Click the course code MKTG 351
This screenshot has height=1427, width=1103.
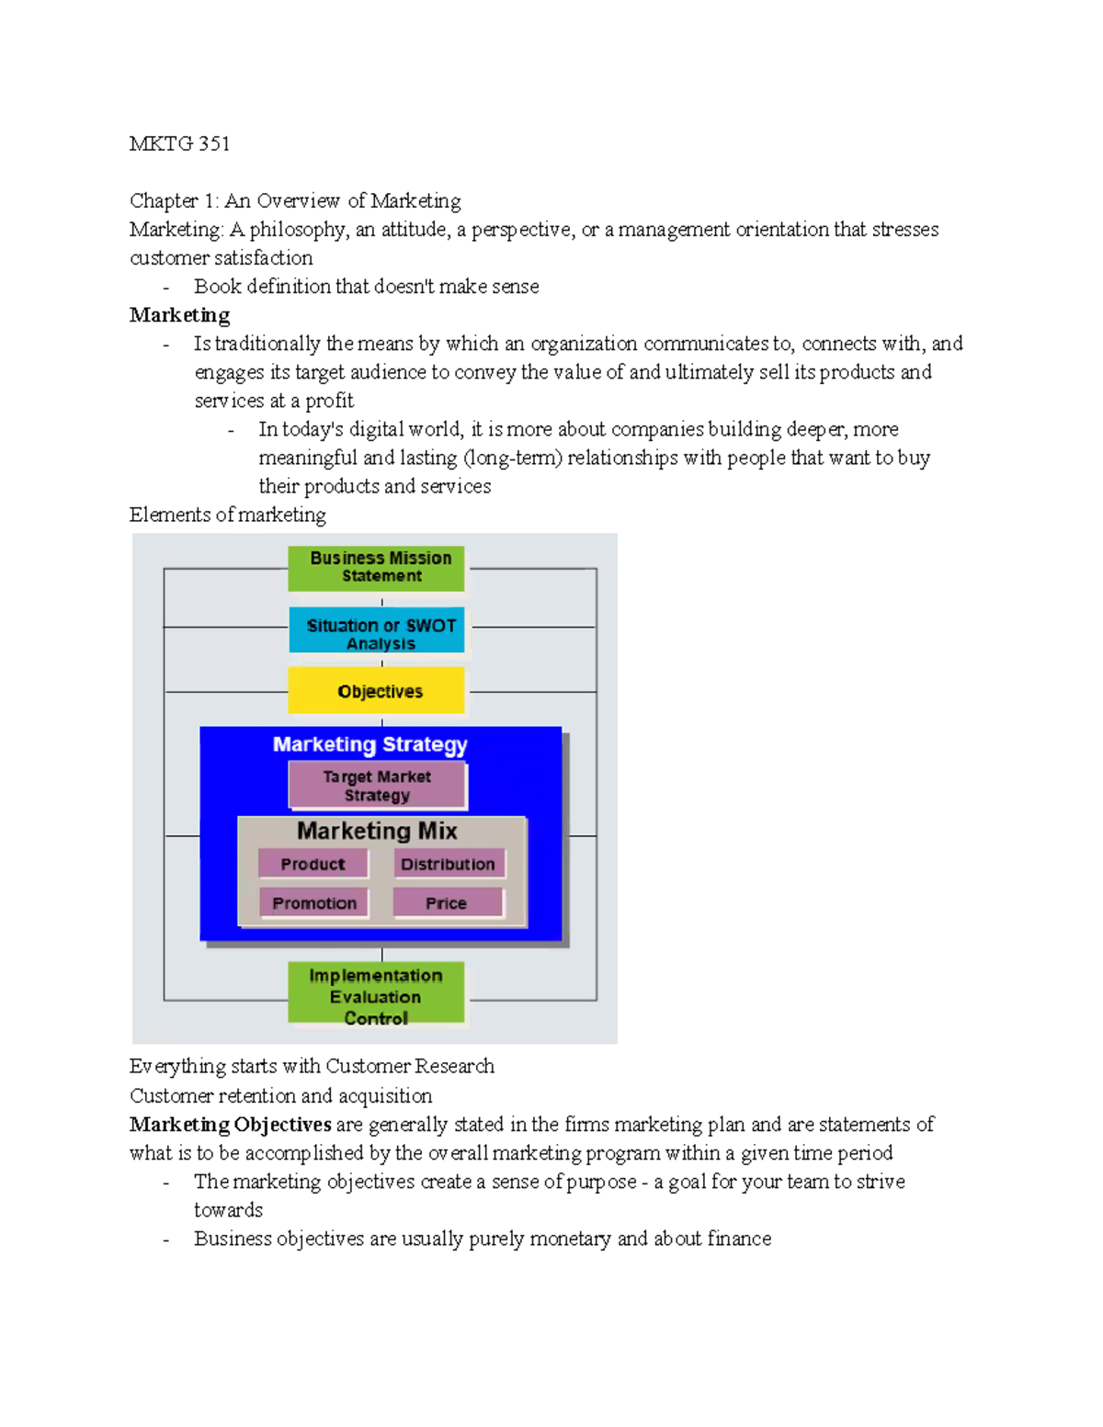(179, 143)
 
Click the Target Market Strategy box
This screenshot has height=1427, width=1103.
(377, 786)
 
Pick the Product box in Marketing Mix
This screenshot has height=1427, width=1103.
(313, 864)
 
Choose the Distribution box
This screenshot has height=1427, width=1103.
(449, 864)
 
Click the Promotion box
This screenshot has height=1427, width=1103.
(313, 902)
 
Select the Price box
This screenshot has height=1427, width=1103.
(447, 902)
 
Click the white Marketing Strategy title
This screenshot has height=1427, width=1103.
(370, 744)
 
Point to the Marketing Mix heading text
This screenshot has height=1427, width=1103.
(377, 831)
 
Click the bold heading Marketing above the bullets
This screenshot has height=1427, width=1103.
(179, 315)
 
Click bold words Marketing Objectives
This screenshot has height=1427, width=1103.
(230, 1125)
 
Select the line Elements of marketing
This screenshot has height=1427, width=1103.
(227, 515)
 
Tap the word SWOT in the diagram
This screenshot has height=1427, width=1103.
(430, 626)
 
